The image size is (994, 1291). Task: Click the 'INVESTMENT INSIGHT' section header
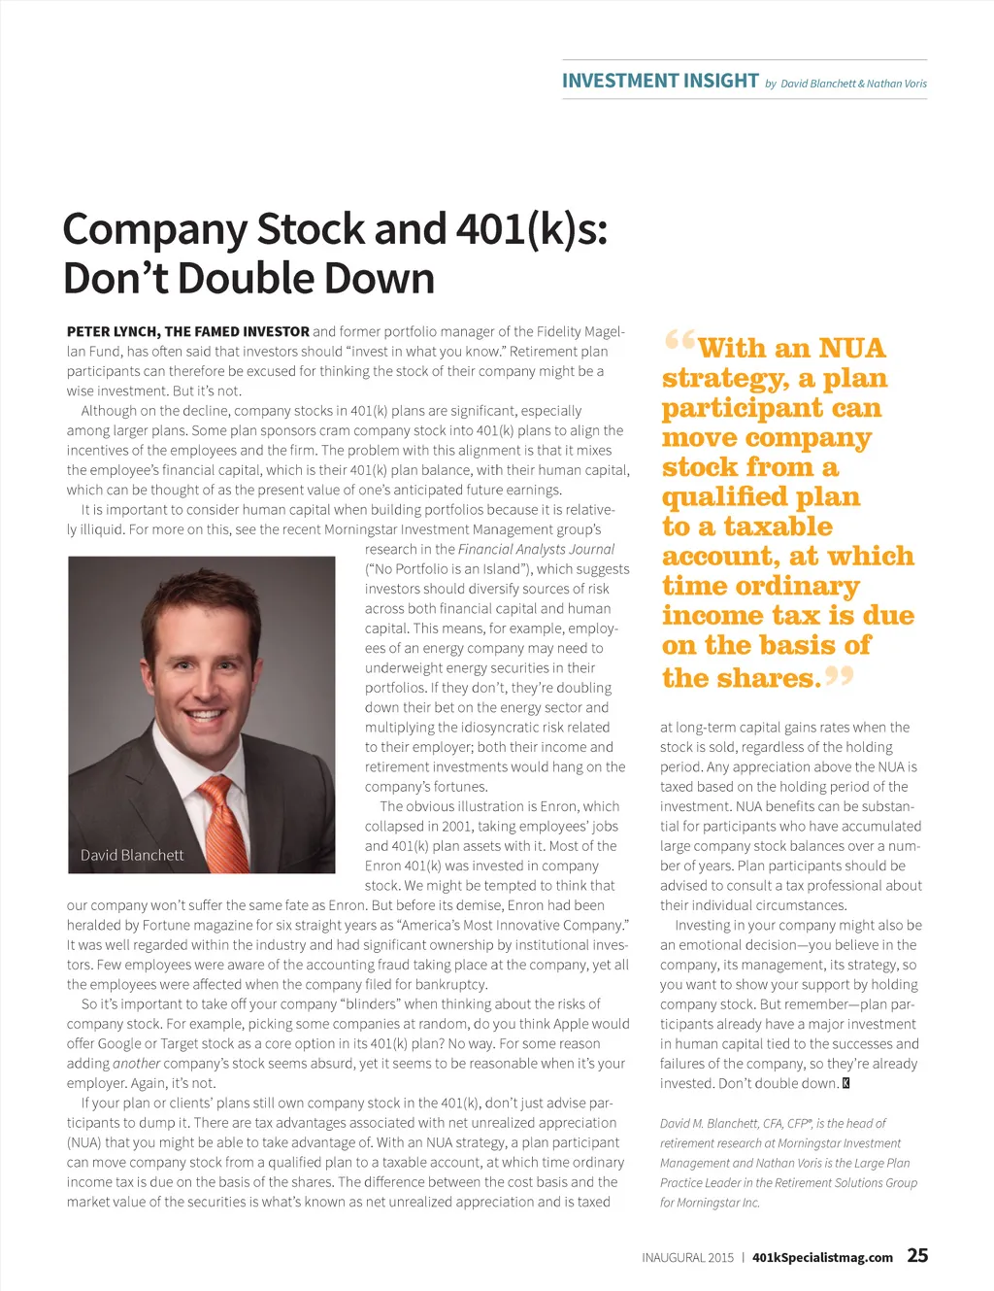pos(660,81)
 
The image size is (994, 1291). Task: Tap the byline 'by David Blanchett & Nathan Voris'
pos(845,84)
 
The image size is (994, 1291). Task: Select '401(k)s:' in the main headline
pos(532,230)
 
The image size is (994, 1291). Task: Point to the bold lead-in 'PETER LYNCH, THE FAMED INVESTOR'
pos(188,331)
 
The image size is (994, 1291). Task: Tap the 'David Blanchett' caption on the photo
pos(132,855)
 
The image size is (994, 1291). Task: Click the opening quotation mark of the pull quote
pos(679,341)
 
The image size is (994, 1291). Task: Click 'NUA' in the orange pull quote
pos(851,349)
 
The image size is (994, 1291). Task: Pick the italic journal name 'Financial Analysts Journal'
pos(536,549)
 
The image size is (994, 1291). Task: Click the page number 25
pos(917,1255)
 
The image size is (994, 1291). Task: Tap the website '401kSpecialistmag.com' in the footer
pos(822,1257)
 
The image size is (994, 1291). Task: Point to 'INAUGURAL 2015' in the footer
pos(687,1257)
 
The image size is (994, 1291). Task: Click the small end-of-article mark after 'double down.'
pos(845,1083)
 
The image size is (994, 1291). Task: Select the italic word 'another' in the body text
pos(136,1063)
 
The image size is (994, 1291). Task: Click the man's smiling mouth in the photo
pos(205,715)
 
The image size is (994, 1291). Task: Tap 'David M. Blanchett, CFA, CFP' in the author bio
pos(734,1123)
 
